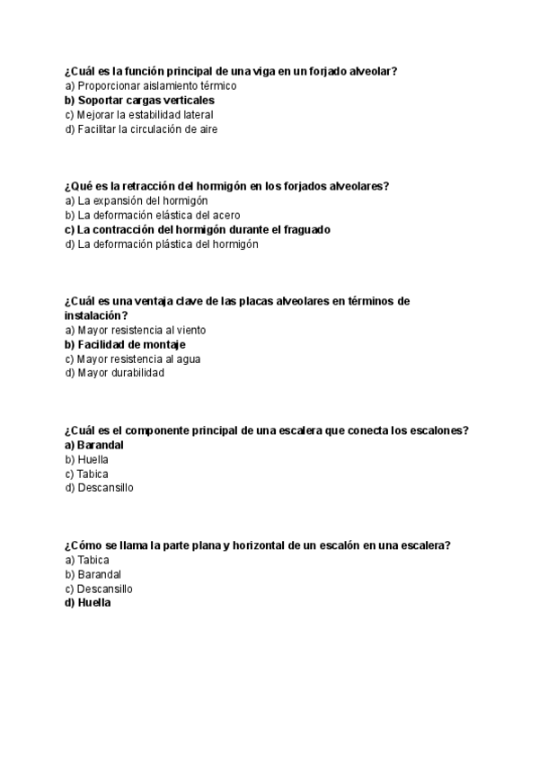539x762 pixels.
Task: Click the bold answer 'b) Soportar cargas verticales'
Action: point(139,100)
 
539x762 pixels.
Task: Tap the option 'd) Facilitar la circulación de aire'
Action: point(141,128)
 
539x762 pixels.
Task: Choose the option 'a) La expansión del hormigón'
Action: point(136,200)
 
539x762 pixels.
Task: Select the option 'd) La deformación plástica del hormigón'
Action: point(161,244)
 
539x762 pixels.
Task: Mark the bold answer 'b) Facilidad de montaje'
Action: point(125,344)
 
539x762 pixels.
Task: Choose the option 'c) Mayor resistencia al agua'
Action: point(132,359)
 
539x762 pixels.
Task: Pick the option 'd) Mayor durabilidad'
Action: point(114,373)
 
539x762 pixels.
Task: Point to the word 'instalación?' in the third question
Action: point(95,315)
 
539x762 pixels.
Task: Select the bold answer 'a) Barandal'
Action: point(93,445)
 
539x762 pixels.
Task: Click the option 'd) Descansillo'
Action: point(99,488)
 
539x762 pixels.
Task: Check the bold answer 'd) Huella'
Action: point(87,603)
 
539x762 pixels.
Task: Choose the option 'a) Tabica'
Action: point(87,560)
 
